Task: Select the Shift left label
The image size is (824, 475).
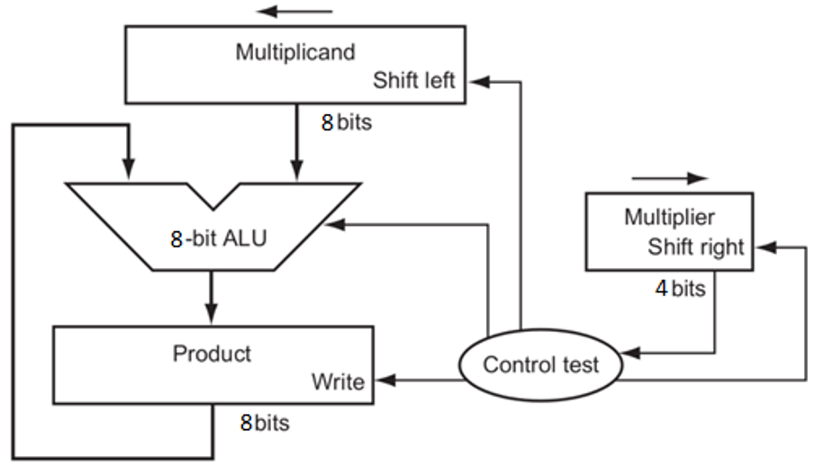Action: (415, 81)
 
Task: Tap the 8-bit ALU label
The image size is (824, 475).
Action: (219, 238)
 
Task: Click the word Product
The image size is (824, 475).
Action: (213, 353)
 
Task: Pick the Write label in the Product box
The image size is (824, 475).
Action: (338, 381)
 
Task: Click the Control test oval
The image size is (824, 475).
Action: (539, 365)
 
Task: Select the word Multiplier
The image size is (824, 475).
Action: (669, 218)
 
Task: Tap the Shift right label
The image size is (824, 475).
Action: (696, 247)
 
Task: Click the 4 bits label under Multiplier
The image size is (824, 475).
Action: (680, 290)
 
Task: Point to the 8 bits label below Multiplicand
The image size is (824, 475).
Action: (346, 122)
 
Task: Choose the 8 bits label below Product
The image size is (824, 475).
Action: (265, 422)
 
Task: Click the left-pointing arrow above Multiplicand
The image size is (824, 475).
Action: (294, 12)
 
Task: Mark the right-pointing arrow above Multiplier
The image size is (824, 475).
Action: (670, 178)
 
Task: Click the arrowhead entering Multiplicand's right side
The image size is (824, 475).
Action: (476, 81)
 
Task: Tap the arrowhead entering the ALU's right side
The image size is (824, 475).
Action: (334, 226)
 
